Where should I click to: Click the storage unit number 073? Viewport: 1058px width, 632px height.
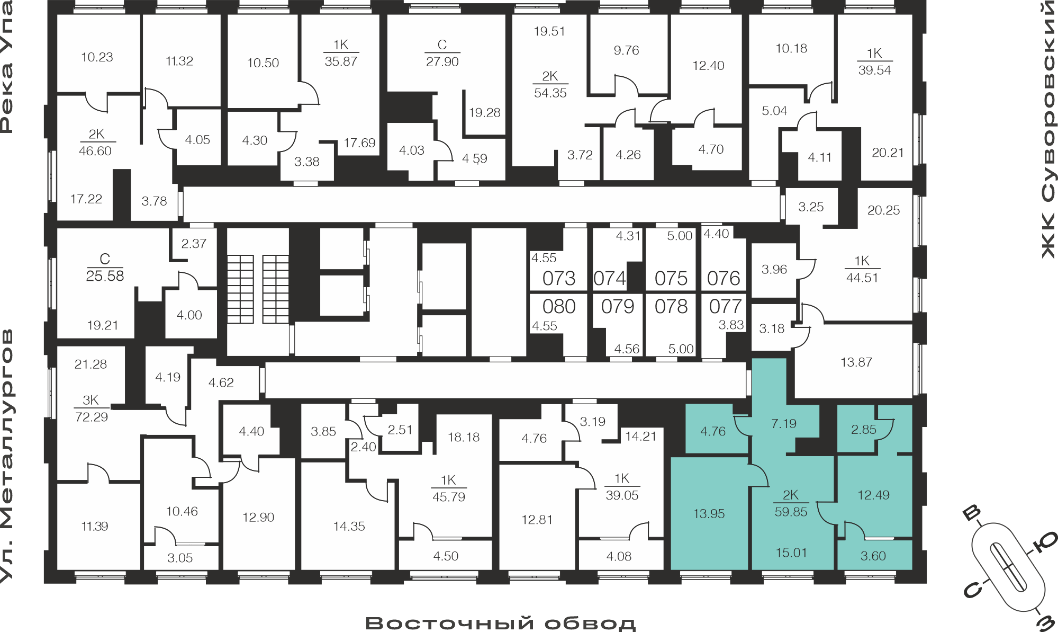[559, 278]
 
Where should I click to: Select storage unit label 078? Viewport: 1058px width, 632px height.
[671, 306]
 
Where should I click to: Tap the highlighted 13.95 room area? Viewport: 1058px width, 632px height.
[709, 513]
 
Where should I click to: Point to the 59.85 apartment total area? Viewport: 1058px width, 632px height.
[791, 512]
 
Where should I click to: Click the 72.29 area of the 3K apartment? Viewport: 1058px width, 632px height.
[92, 417]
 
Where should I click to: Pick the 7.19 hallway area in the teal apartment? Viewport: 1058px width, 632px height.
[784, 423]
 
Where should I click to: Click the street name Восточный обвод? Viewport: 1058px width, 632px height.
[500, 623]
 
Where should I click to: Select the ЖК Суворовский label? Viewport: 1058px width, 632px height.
[1048, 130]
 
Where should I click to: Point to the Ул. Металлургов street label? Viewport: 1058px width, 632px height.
[7, 456]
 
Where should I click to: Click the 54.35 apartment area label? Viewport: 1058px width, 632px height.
[550, 93]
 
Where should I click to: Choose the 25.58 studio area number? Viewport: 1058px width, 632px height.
[105, 276]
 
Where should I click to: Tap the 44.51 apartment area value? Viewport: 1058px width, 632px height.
[862, 278]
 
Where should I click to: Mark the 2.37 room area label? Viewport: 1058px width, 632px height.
[194, 244]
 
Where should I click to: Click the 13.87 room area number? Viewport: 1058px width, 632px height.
[856, 362]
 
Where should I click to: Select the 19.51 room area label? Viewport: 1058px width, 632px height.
[549, 31]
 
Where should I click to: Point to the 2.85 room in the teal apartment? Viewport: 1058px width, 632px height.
[864, 430]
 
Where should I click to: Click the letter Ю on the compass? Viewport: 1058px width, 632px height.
[1045, 542]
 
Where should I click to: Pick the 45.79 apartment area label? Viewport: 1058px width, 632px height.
[449, 497]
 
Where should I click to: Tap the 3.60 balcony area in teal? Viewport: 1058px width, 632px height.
[873, 556]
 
